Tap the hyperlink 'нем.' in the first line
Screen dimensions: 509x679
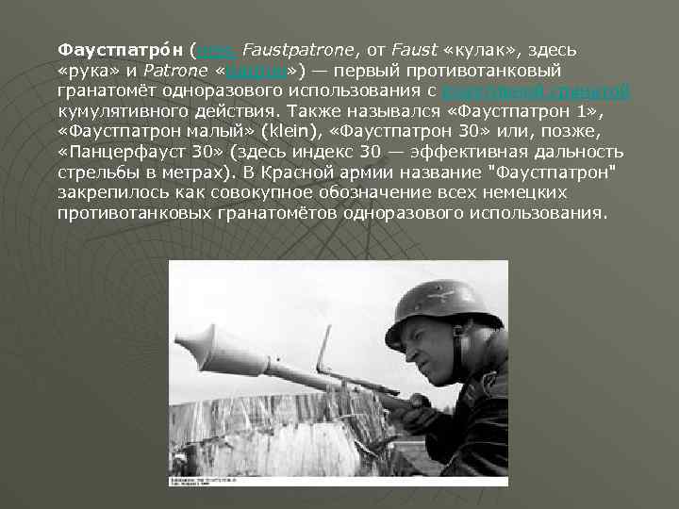coord(212,48)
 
